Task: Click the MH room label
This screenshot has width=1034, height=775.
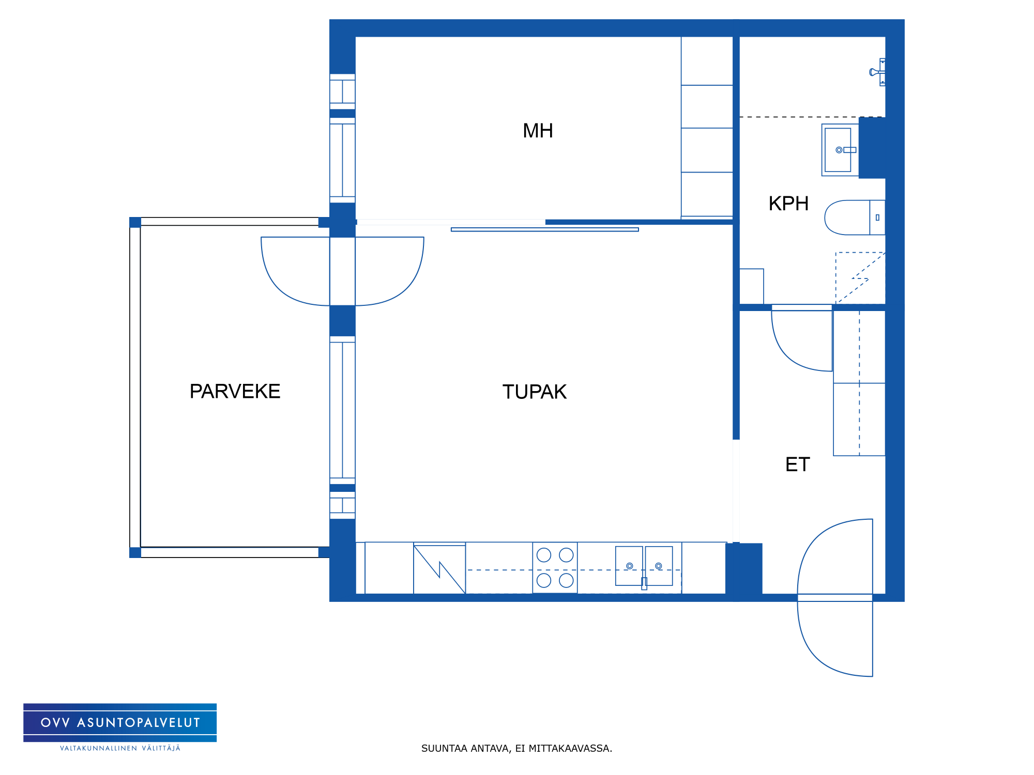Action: [x=538, y=131]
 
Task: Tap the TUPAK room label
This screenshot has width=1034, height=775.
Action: [x=535, y=392]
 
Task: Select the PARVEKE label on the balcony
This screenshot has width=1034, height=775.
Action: [x=235, y=391]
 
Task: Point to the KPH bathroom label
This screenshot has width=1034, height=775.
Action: [x=788, y=204]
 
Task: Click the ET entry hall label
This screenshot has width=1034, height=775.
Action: [x=797, y=464]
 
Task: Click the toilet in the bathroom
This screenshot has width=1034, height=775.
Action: [x=855, y=218]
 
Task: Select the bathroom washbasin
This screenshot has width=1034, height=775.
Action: [x=840, y=150]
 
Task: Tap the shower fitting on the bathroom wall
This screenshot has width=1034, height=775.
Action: [x=877, y=72]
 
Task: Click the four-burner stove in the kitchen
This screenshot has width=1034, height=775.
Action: [x=555, y=567]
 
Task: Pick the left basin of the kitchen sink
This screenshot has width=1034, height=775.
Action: [x=629, y=566]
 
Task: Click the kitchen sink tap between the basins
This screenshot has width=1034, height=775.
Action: [x=644, y=583]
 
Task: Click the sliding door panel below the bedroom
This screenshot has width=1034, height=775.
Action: [x=545, y=229]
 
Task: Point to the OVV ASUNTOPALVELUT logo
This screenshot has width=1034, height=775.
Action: [x=120, y=722]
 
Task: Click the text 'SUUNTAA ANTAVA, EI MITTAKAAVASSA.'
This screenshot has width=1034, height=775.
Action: [x=516, y=748]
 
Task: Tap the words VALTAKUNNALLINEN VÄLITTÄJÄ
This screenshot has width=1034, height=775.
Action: [x=120, y=748]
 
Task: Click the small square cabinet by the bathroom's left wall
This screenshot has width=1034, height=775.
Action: [x=752, y=286]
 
